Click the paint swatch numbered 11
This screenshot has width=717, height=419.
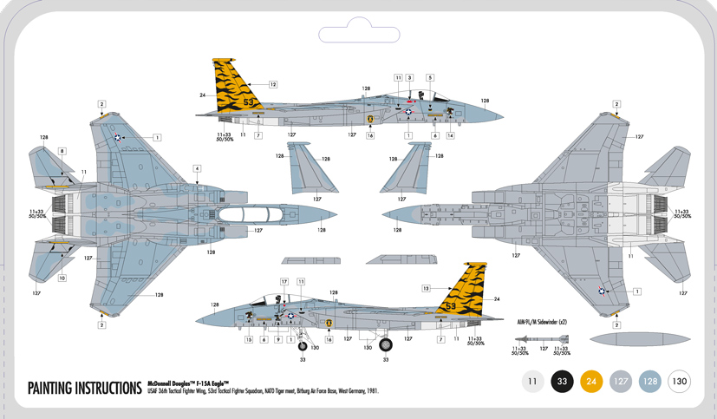click(533, 381)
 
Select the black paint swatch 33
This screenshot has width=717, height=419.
click(563, 381)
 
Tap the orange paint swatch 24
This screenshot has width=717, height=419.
click(591, 381)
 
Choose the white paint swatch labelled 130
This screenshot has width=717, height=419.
click(679, 381)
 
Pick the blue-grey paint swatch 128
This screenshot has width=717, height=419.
click(650, 381)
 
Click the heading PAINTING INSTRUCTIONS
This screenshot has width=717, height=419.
click(84, 387)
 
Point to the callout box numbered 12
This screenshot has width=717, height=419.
click(272, 85)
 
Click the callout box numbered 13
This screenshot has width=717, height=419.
click(427, 287)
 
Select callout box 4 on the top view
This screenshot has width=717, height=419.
click(197, 168)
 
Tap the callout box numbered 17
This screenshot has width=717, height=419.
click(284, 282)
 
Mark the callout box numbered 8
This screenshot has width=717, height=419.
click(62, 152)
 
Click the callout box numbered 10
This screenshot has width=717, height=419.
click(62, 278)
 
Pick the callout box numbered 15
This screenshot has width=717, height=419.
click(248, 340)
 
